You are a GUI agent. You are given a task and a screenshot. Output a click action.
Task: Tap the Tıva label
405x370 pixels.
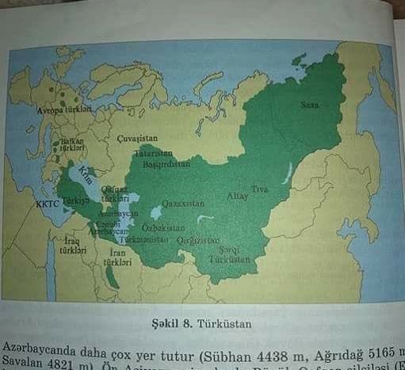click(260, 189)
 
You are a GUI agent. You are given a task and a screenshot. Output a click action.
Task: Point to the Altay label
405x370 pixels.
click(238, 196)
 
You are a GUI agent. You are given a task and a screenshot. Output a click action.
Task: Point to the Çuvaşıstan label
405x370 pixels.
click(133, 137)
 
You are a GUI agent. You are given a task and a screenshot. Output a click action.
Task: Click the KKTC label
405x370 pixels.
click(48, 204)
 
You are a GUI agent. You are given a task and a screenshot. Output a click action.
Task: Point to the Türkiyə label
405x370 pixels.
click(77, 202)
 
